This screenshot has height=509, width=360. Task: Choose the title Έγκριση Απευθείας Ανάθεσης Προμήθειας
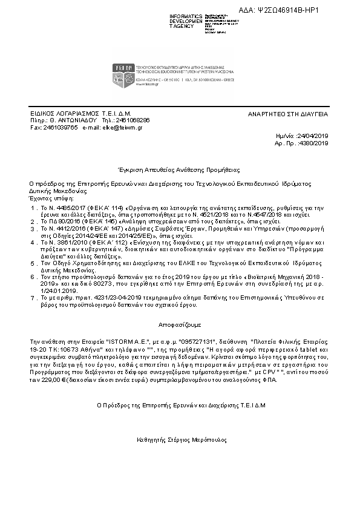click(179, 170)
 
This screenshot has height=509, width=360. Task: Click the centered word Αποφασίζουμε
click(179, 315)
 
